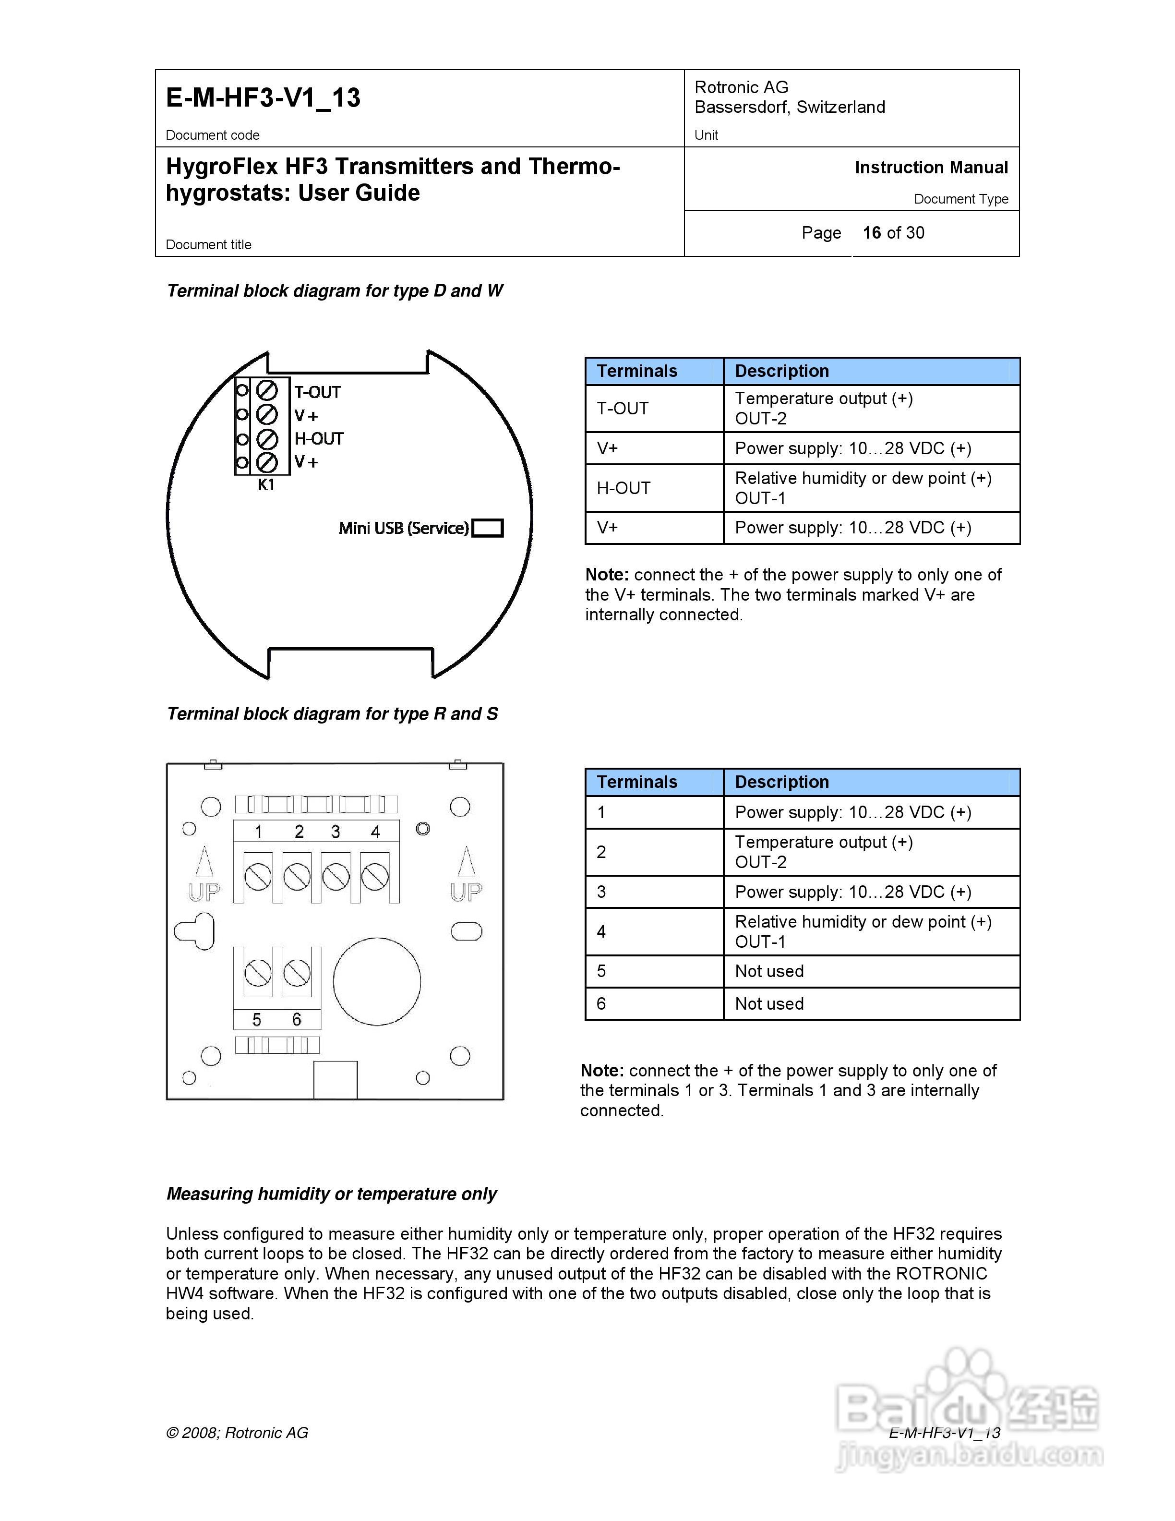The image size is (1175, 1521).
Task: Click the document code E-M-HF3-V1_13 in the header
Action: click(263, 97)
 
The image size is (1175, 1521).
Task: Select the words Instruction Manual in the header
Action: click(931, 168)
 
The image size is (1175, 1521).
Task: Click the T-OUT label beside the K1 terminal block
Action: click(317, 392)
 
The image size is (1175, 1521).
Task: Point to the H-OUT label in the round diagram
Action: click(319, 439)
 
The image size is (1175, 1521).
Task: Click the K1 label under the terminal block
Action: click(266, 485)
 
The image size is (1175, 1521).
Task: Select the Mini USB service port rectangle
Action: click(487, 528)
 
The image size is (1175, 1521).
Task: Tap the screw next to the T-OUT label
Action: click(267, 390)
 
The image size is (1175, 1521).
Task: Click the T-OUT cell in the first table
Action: click(623, 408)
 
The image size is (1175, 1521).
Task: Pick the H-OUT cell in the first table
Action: click(623, 488)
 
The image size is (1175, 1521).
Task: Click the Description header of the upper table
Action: click(782, 371)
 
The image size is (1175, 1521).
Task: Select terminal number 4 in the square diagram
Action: click(375, 832)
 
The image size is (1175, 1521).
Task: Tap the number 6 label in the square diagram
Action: click(297, 1020)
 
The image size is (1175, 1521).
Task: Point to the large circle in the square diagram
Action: click(377, 981)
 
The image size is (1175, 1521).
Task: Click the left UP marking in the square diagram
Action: click(204, 892)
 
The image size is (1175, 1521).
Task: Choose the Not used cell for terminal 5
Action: click(769, 972)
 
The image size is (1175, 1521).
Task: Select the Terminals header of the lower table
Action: click(637, 782)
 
